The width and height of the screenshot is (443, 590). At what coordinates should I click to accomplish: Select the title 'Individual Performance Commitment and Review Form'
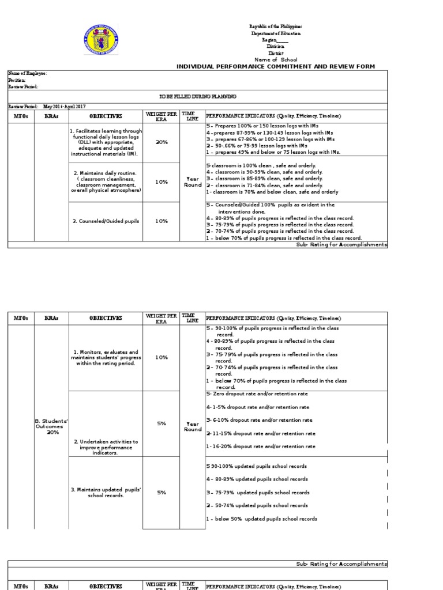(275, 67)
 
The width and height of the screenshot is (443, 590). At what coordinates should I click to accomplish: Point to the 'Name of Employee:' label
(27, 74)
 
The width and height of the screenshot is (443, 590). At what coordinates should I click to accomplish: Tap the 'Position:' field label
(17, 80)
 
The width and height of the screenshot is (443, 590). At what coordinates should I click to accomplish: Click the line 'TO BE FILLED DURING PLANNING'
(198, 97)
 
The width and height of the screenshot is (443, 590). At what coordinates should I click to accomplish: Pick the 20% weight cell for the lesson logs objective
(162, 142)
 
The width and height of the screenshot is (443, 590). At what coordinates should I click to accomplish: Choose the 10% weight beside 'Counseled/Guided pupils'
(162, 221)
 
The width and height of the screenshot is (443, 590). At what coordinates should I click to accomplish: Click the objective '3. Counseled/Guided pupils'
(105, 221)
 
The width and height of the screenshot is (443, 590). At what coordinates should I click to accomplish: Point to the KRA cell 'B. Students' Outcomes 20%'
(51, 427)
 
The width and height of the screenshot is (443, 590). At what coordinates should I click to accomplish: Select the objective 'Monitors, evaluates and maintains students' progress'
(105, 358)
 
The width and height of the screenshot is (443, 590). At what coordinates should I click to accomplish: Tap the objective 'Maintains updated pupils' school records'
(105, 493)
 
